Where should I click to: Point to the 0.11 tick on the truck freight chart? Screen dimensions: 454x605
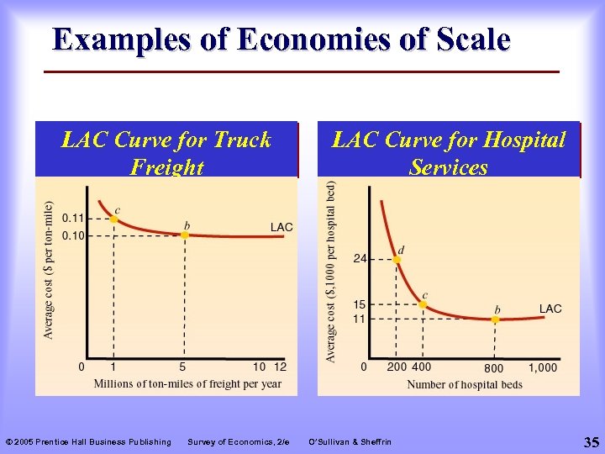(72, 219)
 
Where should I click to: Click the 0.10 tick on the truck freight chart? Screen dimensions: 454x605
(72, 235)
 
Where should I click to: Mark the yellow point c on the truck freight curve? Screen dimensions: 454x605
(113, 219)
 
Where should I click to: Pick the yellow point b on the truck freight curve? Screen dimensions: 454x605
(185, 235)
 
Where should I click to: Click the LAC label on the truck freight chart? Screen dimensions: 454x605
(281, 227)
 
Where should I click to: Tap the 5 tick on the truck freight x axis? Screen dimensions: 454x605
(182, 367)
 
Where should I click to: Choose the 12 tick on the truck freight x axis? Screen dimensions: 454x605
(280, 367)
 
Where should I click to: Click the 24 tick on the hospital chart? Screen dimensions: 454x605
(359, 259)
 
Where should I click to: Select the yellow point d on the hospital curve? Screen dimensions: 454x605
(397, 259)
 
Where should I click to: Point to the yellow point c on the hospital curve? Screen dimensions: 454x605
(423, 305)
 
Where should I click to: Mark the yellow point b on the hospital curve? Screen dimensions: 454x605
(496, 319)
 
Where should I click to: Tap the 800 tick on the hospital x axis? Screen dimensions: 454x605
(493, 368)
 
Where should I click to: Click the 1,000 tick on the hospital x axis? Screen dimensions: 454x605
(542, 367)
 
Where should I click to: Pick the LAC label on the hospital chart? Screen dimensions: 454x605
(550, 309)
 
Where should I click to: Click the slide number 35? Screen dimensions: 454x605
(591, 441)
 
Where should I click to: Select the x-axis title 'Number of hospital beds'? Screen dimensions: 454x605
(465, 385)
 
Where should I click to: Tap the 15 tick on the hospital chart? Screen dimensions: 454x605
(359, 304)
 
